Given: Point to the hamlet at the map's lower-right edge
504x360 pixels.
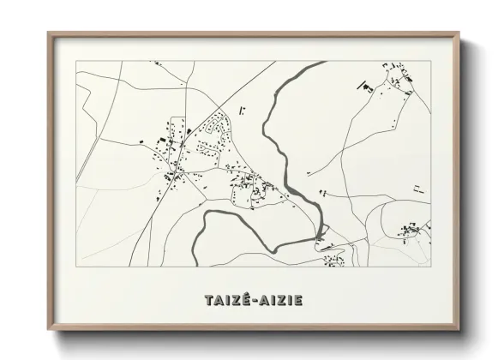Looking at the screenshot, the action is pyautogui.click(x=412, y=229).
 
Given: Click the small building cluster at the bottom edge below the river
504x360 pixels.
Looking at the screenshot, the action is pyautogui.click(x=333, y=256).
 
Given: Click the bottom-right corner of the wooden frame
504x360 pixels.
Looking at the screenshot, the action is pyautogui.click(x=461, y=329).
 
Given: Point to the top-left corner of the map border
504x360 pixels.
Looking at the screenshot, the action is pyautogui.click(x=76, y=61).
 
